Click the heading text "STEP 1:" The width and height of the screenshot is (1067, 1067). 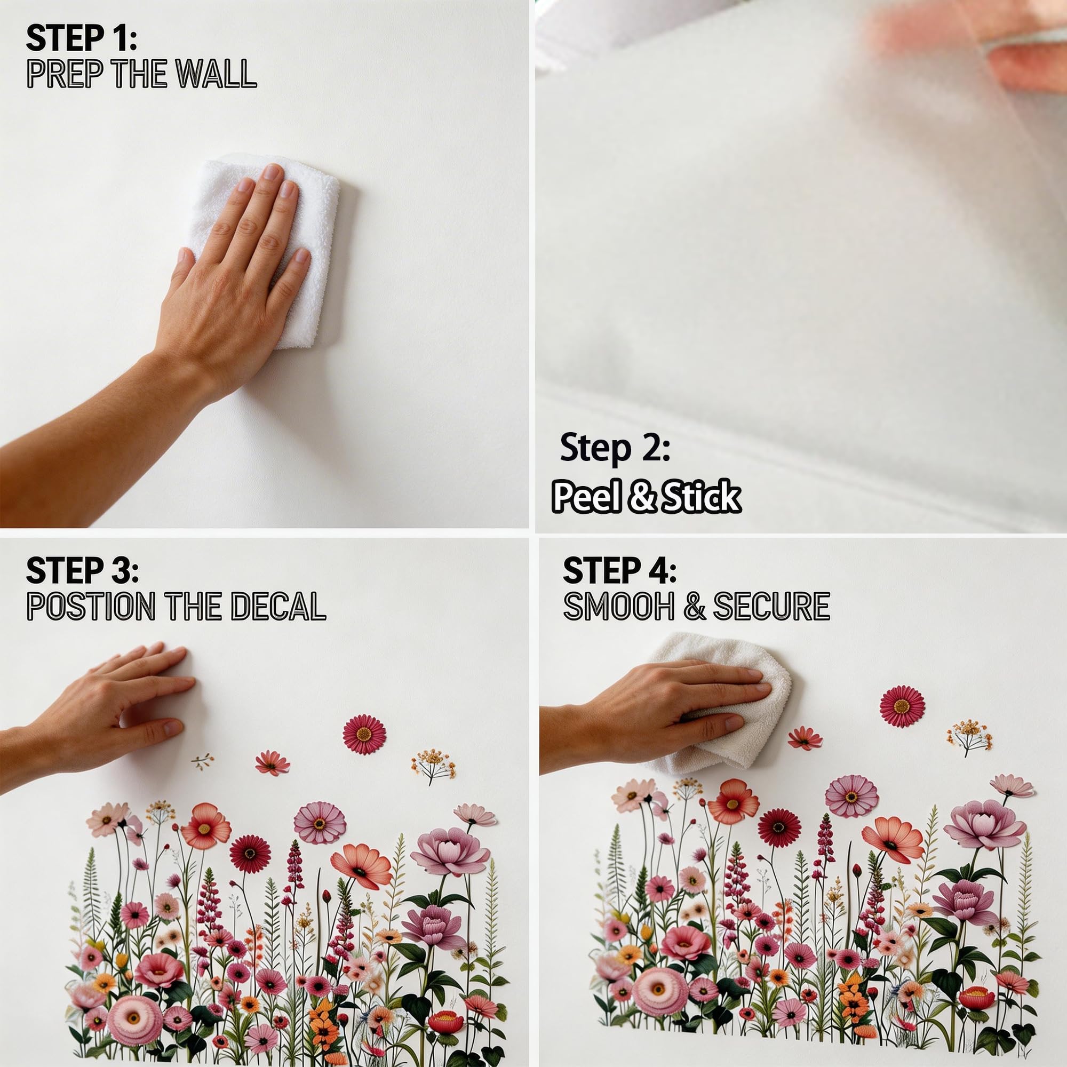click(x=81, y=38)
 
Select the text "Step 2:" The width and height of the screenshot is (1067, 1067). click(x=615, y=448)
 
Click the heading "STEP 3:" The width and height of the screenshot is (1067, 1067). click(x=82, y=570)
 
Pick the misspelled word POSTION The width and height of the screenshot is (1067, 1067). click(x=91, y=606)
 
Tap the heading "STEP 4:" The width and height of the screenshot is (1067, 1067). click(x=619, y=570)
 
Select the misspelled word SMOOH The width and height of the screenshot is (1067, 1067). click(x=618, y=606)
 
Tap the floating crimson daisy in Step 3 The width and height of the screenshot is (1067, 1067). click(x=364, y=734)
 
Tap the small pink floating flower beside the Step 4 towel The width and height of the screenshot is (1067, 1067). click(x=805, y=738)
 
